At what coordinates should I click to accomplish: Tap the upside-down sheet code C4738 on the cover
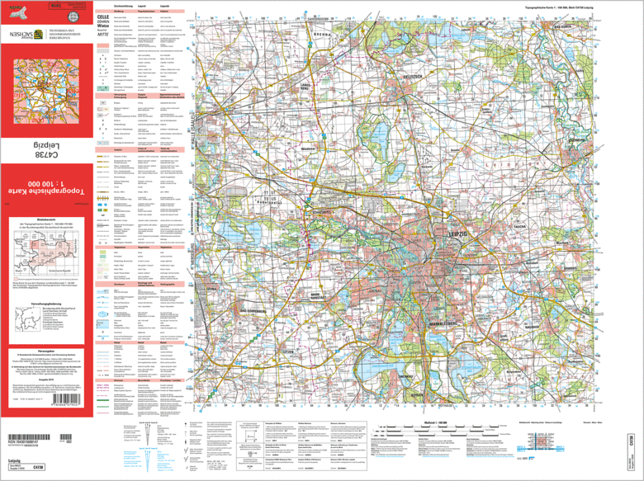click(45, 149)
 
